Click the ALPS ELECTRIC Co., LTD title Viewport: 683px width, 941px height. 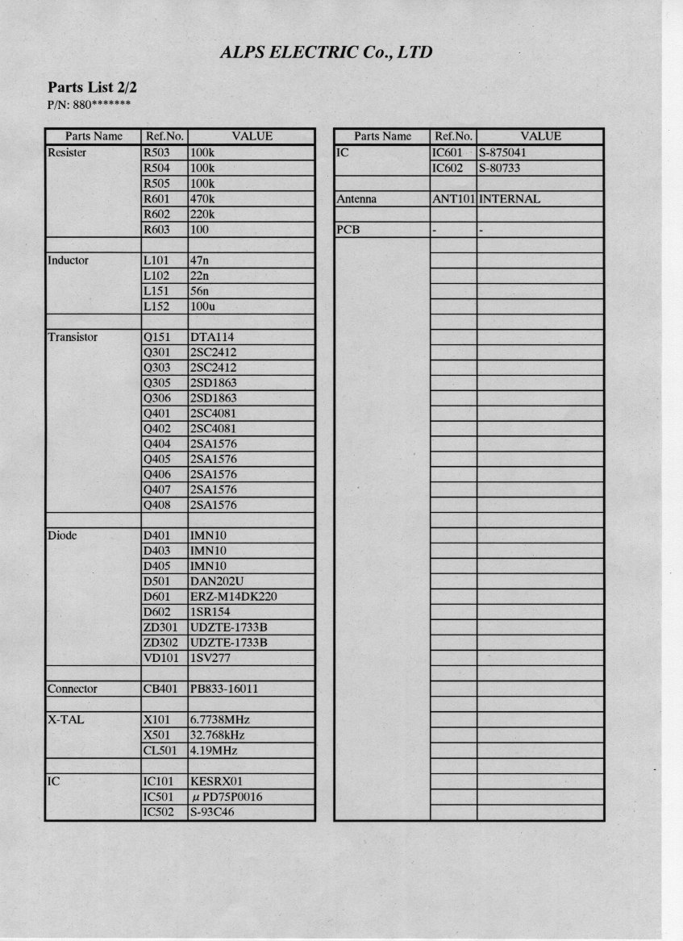pos(326,53)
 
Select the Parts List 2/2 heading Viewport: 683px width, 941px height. pos(86,87)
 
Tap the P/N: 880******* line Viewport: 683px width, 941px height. pos(89,105)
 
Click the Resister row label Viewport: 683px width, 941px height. pos(67,152)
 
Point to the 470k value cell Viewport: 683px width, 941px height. pos(202,199)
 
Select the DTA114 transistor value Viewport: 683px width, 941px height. pos(210,337)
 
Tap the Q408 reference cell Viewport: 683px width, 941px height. pos(156,506)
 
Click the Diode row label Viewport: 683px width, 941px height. pos(62,535)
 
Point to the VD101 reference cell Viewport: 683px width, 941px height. pos(160,658)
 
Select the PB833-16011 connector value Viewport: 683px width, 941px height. pos(223,689)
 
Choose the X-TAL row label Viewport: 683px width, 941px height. pos(65,720)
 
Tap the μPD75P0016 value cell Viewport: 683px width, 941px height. pos(225,797)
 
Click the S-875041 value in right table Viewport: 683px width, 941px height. pos(504,152)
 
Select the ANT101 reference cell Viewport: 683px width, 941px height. pos(453,199)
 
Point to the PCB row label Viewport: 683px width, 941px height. pos(348,230)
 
